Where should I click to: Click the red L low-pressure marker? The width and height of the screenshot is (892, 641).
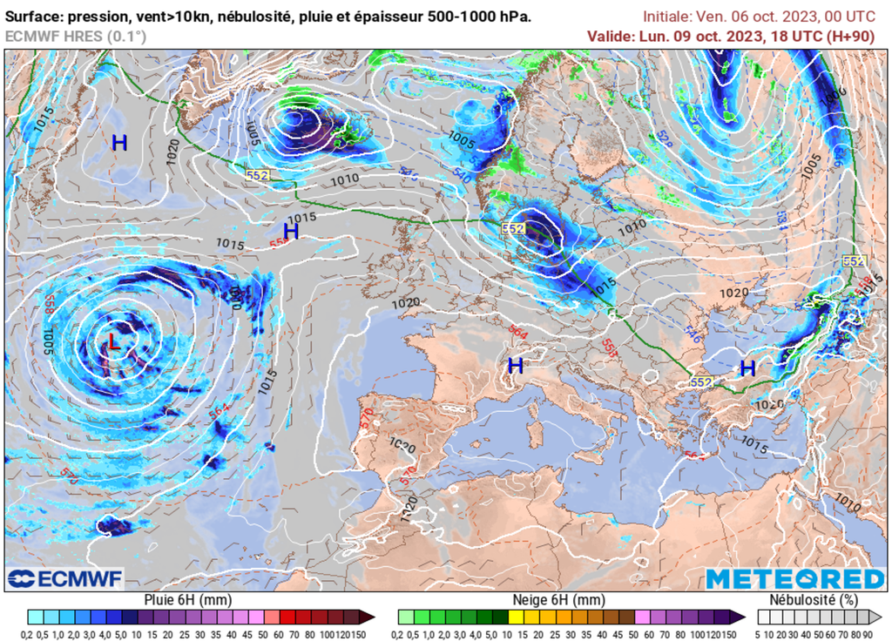[112, 341]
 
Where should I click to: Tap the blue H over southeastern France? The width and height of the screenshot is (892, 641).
[516, 365]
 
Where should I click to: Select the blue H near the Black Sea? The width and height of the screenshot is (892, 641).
[747, 368]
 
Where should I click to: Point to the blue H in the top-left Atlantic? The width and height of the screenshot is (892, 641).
[119, 144]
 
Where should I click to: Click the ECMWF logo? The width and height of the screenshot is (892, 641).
[64, 578]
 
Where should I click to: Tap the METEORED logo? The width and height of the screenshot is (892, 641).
[794, 579]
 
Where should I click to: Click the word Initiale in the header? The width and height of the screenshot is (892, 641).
[667, 17]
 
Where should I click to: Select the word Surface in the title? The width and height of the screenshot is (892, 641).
[36, 17]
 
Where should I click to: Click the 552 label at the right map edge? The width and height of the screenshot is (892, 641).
[854, 261]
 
